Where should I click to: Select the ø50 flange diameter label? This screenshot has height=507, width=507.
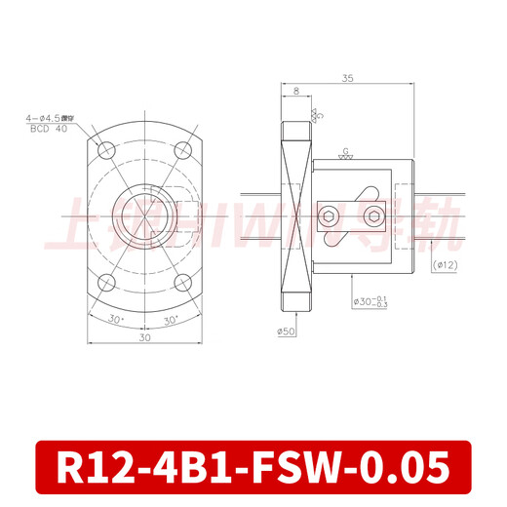click(x=287, y=331)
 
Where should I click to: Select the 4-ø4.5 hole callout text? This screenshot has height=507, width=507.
click(x=49, y=118)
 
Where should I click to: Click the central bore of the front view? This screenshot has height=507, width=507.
click(x=144, y=215)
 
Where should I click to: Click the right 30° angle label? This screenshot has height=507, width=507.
click(x=170, y=319)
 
